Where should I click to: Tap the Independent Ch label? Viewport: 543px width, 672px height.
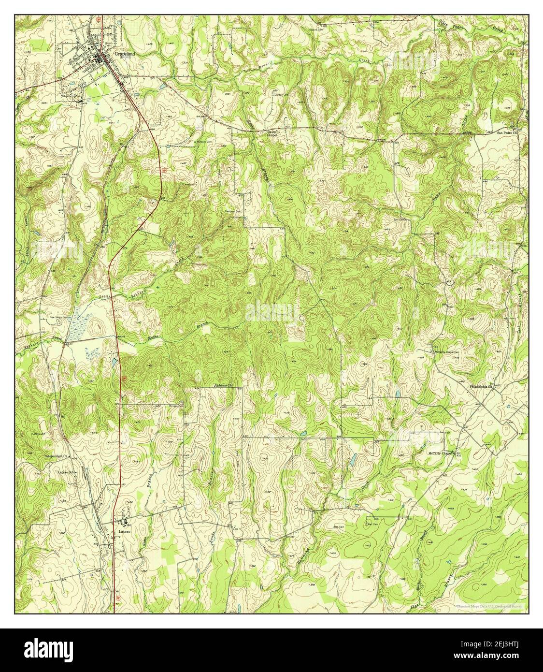(58, 456)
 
